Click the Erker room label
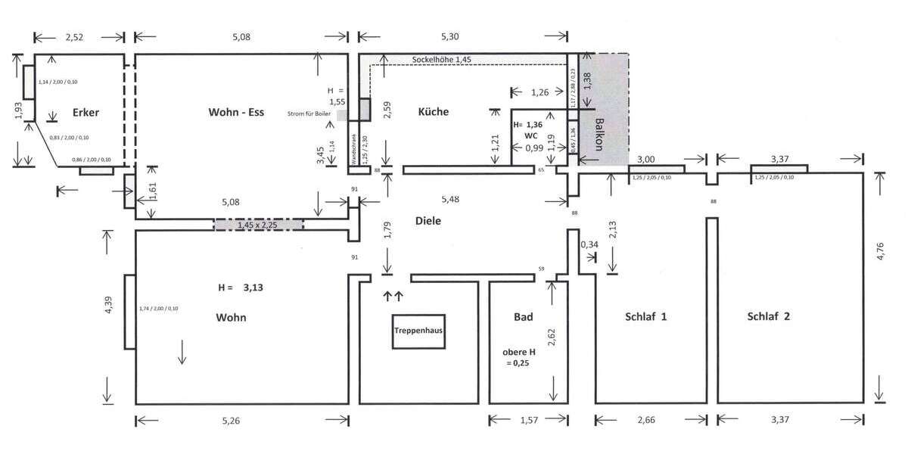[x=86, y=113]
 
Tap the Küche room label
[x=434, y=112]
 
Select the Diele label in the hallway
[x=428, y=221]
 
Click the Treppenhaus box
[x=418, y=331]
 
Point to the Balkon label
[x=600, y=135]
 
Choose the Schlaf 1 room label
[x=645, y=317]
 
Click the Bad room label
[x=524, y=317]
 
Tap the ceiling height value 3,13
[x=255, y=288]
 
